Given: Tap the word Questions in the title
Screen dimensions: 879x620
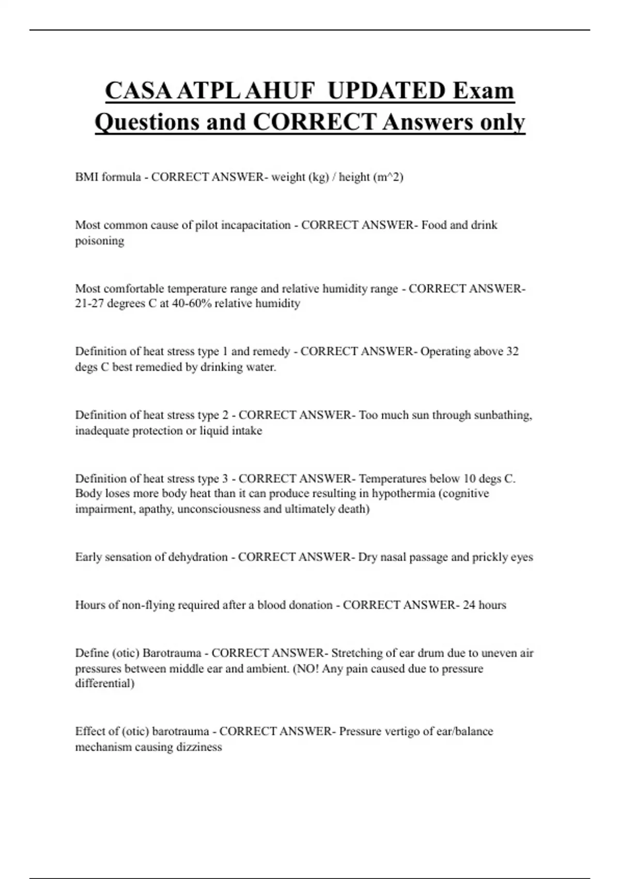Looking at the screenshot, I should coord(146,122).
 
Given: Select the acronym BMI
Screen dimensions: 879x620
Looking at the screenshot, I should coord(86,177).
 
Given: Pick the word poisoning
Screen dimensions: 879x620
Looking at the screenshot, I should coord(100,241).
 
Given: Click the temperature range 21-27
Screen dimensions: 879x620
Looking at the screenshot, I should coord(89,304).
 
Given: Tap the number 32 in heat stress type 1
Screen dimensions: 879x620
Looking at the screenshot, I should coord(512,352).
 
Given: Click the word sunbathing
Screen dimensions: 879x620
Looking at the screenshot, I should coord(504,415).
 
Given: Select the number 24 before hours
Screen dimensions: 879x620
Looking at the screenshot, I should coord(469,605).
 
